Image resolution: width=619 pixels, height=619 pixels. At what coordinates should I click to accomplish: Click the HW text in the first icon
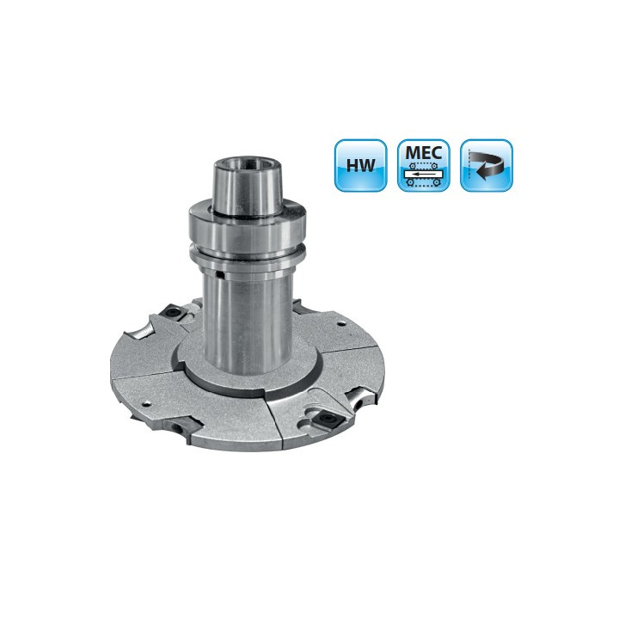click(360, 165)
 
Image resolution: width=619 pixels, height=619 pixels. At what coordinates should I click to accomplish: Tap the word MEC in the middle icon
click(424, 153)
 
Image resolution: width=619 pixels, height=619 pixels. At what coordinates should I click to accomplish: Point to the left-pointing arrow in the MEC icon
click(423, 174)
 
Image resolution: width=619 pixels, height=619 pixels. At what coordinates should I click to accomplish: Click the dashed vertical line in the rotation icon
click(469, 164)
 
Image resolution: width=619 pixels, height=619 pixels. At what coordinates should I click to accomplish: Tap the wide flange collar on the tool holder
click(248, 226)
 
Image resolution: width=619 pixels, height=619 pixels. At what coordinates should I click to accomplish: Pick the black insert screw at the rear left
click(173, 312)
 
